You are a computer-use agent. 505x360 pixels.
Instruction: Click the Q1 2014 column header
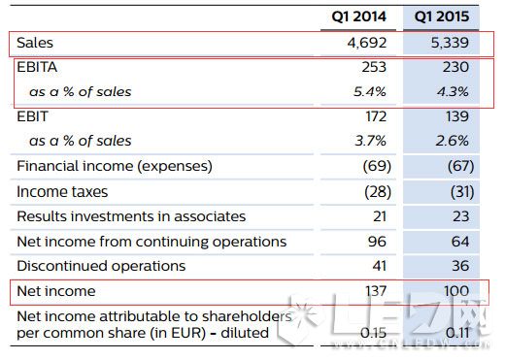click(x=358, y=16)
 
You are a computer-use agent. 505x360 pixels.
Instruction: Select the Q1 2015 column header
click(x=442, y=16)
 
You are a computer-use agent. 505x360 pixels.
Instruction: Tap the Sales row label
click(x=35, y=43)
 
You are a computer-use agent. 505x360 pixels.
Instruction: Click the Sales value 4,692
click(x=367, y=43)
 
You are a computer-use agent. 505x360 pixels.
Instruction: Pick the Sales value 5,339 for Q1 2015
click(x=450, y=43)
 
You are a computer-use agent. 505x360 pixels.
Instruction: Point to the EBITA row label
click(x=37, y=67)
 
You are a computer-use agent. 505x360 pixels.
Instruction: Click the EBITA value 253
click(x=374, y=67)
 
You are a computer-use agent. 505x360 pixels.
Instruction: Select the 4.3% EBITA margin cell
click(x=453, y=92)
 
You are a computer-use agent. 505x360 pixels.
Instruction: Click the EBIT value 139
click(x=457, y=116)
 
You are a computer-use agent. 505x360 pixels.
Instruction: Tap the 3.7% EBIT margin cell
click(x=371, y=141)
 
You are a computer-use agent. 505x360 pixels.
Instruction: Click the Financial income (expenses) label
click(x=115, y=166)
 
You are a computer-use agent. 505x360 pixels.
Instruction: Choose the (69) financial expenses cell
click(x=377, y=166)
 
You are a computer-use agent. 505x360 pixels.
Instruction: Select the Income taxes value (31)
click(x=462, y=192)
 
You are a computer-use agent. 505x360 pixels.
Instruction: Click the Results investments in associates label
click(x=131, y=216)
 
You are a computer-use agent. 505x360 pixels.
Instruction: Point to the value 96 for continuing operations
click(x=377, y=242)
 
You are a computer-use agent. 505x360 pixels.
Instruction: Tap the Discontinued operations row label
click(x=101, y=266)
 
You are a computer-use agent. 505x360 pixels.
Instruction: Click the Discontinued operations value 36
click(x=460, y=266)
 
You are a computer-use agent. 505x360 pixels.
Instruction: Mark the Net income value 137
click(x=376, y=291)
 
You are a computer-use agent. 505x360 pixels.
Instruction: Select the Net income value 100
click(x=456, y=291)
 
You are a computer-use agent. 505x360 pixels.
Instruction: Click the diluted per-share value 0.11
click(x=457, y=333)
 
